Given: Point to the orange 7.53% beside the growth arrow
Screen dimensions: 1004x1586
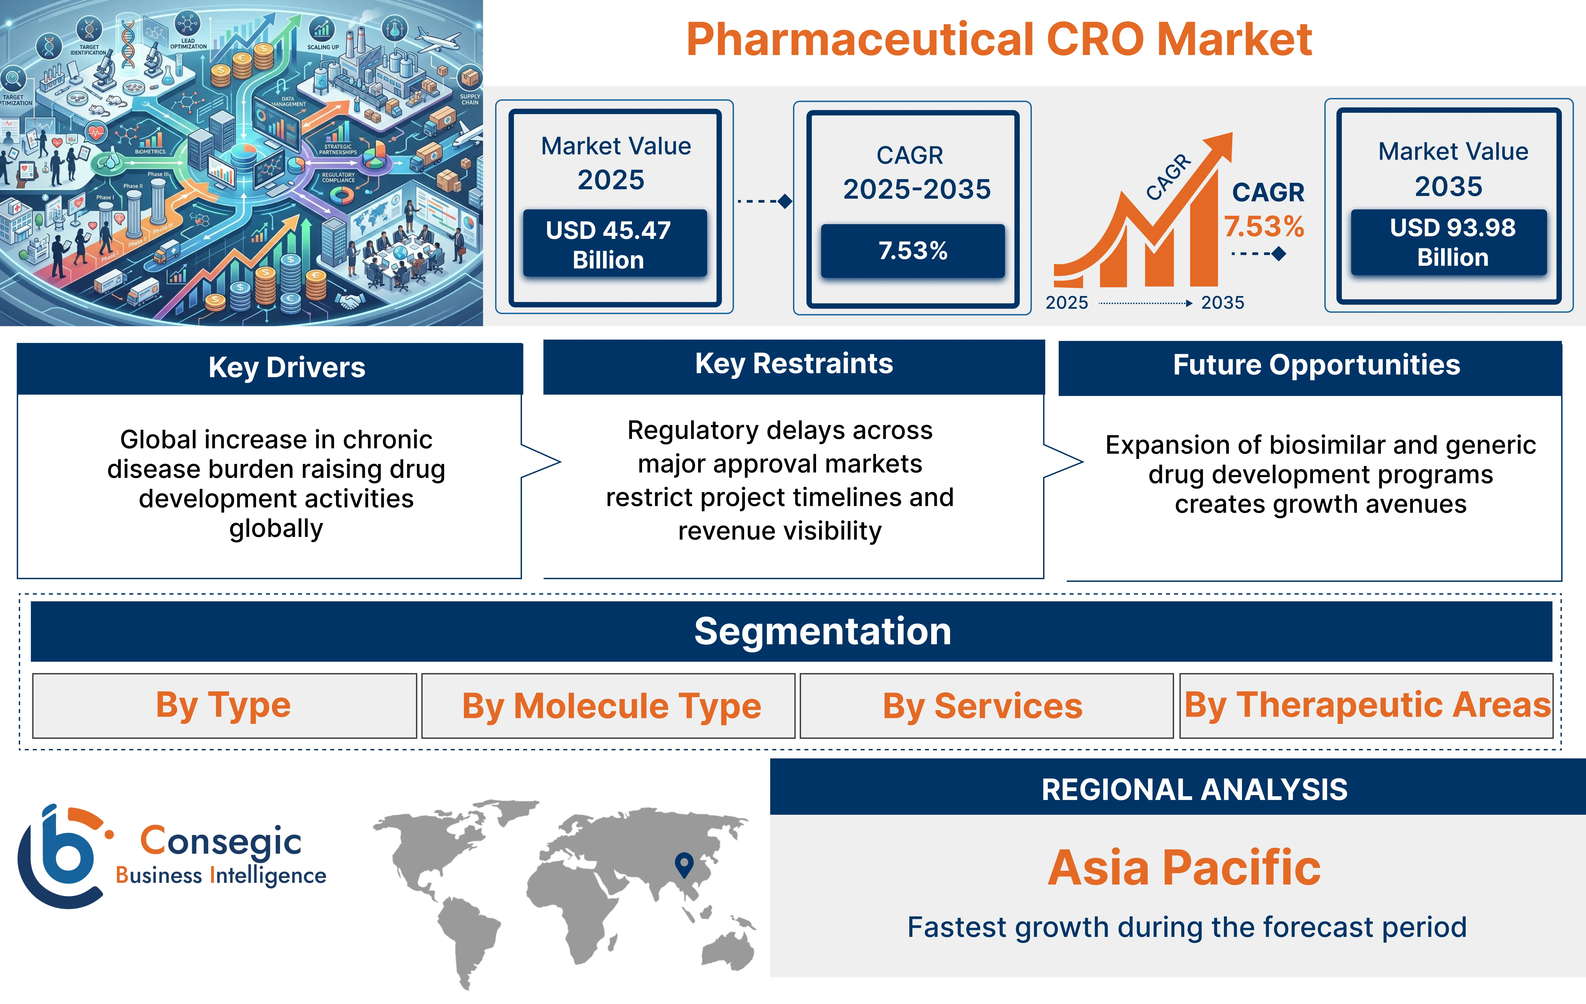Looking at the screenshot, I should click(1263, 227).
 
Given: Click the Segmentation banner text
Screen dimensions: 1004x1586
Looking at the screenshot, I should click(823, 631).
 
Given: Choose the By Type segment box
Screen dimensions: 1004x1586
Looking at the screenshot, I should click(224, 706).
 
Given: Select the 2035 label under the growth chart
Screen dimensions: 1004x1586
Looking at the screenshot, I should click(1222, 302).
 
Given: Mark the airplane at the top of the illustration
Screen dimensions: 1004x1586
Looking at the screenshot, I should click(438, 42).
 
